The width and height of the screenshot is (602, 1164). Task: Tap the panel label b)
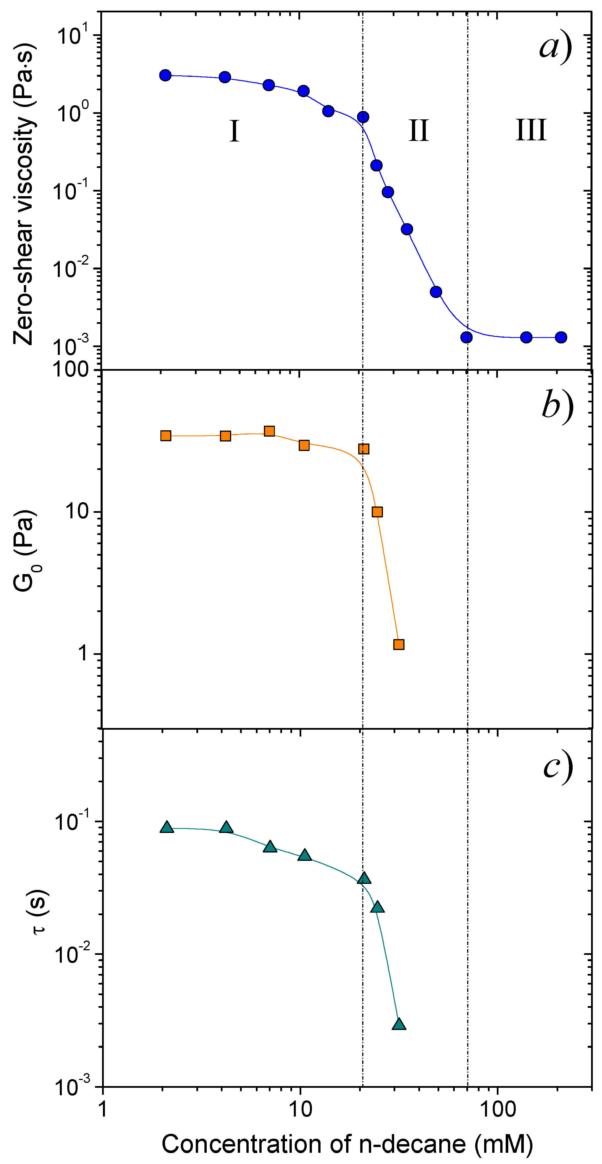[557, 405]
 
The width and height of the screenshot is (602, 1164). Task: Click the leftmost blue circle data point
[165, 75]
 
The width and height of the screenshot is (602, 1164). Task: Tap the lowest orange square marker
[399, 644]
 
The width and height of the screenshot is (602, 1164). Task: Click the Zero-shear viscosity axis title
[24, 194]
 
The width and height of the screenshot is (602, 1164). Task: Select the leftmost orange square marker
[166, 435]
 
